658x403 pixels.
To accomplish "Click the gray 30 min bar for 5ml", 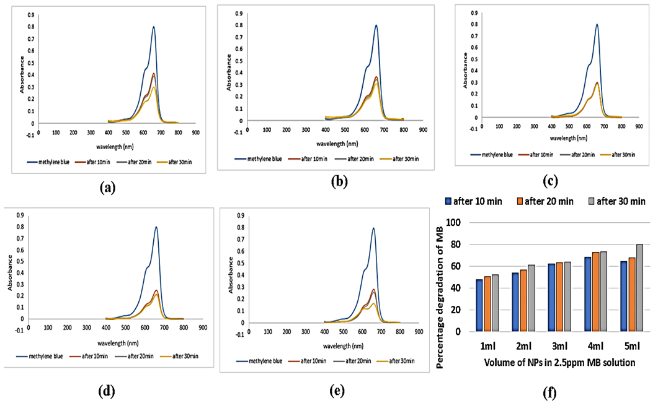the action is click(x=639, y=288).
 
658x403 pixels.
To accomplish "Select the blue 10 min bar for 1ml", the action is click(x=479, y=305).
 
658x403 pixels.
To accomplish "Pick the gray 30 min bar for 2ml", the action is click(x=531, y=298).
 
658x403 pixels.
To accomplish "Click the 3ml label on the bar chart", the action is click(x=560, y=346).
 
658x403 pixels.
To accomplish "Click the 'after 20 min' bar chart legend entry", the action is click(x=545, y=202).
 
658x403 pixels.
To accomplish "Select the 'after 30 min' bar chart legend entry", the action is click(x=617, y=202).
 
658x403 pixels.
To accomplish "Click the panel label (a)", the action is click(x=108, y=187).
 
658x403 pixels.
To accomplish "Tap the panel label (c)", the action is click(x=550, y=181).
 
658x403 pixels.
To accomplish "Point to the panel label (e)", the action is click(x=337, y=391).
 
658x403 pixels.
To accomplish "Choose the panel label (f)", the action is click(x=549, y=393).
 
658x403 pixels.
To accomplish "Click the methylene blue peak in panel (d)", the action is click(x=156, y=227).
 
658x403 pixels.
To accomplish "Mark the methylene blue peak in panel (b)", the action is click(x=376, y=25).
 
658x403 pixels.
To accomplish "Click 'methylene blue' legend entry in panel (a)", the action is click(x=48, y=162).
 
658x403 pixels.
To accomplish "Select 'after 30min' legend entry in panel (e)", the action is click(x=396, y=361).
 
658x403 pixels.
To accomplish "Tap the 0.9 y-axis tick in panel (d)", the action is click(x=20, y=215).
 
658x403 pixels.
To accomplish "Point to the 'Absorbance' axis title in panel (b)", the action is click(x=229, y=72).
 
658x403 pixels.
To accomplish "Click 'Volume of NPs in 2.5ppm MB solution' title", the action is click(x=559, y=362).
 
